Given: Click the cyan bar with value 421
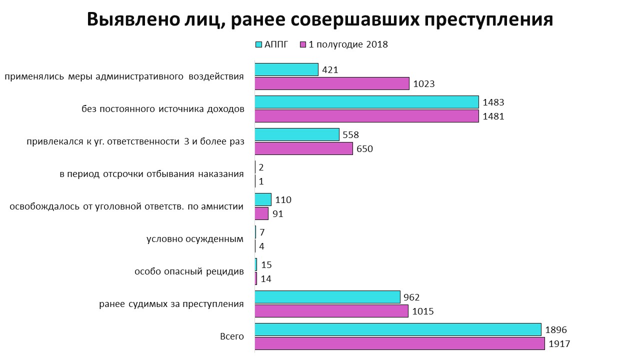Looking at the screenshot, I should click(x=286, y=69).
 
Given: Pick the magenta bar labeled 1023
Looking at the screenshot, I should click(x=332, y=83).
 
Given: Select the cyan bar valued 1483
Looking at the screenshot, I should click(x=366, y=102).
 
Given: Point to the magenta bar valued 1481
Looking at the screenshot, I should click(x=366, y=116).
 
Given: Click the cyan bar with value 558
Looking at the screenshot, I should click(x=297, y=134).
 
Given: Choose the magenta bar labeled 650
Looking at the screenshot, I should click(x=304, y=148).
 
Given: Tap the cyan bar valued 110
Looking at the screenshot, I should click(x=263, y=199).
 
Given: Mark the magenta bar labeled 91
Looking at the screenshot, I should click(x=262, y=213).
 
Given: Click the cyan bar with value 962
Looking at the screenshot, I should click(x=327, y=297).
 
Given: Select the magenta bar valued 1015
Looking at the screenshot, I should click(x=331, y=311).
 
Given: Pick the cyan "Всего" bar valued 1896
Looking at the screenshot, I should click(x=398, y=329).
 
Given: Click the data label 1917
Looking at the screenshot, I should click(x=559, y=344).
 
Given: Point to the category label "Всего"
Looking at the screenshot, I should click(x=232, y=336).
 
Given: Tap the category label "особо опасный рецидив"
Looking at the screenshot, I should click(x=189, y=271).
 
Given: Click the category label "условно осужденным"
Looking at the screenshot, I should click(x=195, y=239).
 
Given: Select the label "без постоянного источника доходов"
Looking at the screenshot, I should click(x=163, y=109).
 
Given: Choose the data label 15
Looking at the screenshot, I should click(x=266, y=265).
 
